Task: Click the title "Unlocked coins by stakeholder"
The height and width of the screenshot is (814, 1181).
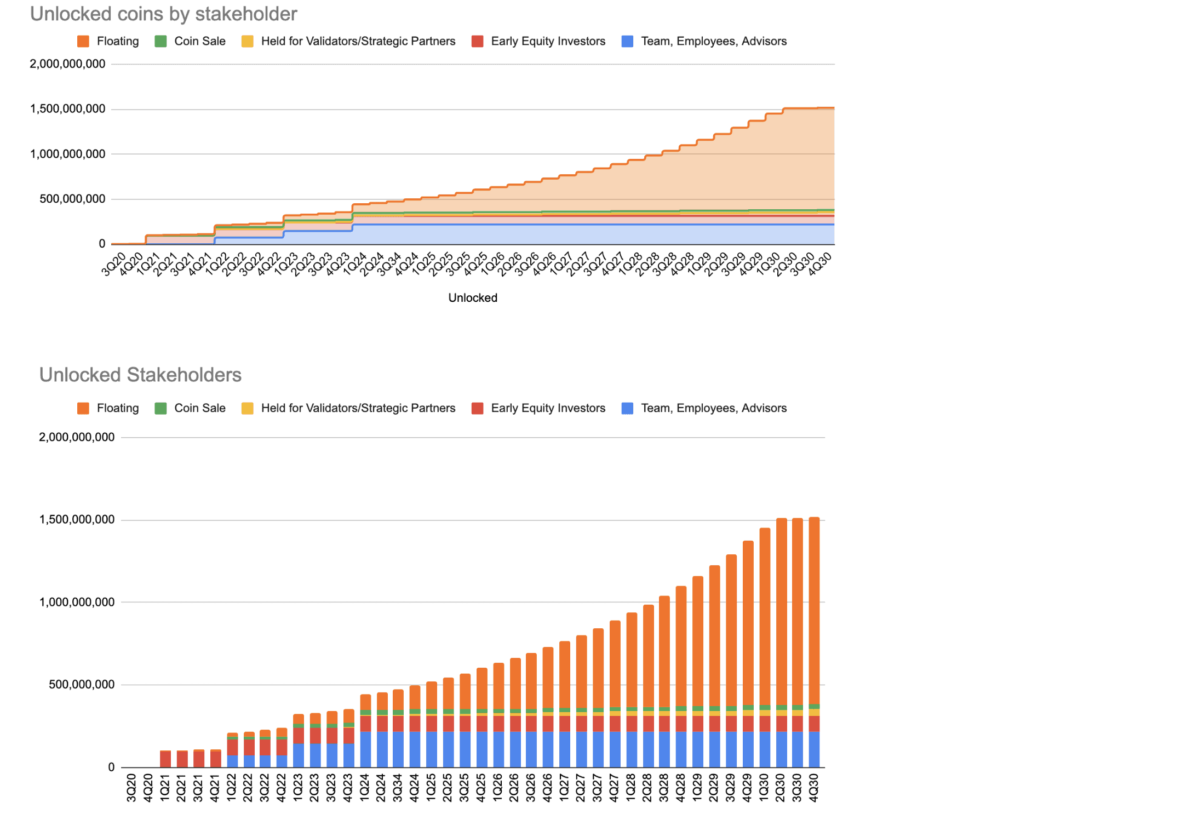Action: pyautogui.click(x=163, y=14)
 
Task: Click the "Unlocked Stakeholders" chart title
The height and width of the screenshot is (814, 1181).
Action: pyautogui.click(x=140, y=375)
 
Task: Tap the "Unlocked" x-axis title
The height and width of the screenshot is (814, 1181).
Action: pyautogui.click(x=473, y=297)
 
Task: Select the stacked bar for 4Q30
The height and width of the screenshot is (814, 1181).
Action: pyautogui.click(x=814, y=641)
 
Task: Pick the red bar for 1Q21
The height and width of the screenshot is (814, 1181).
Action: pyautogui.click(x=165, y=759)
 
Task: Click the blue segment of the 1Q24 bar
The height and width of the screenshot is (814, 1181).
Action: pyautogui.click(x=365, y=749)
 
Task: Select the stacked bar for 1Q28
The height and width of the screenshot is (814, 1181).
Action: pyautogui.click(x=632, y=690)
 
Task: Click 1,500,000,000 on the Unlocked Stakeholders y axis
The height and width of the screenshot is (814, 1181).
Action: pyautogui.click(x=77, y=519)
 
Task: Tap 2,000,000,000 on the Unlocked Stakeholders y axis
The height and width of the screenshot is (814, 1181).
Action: pyautogui.click(x=77, y=437)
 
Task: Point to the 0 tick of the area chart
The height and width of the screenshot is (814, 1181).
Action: pyautogui.click(x=102, y=244)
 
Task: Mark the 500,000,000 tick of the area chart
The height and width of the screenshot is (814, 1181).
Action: pyautogui.click(x=72, y=199)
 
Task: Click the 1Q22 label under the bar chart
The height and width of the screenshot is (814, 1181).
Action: pyautogui.click(x=232, y=788)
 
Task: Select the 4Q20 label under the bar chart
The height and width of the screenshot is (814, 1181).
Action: pyautogui.click(x=148, y=788)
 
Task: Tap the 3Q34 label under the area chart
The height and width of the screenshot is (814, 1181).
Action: pyautogui.click(x=389, y=264)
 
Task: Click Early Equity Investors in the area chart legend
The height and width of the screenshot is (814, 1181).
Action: pyautogui.click(x=548, y=41)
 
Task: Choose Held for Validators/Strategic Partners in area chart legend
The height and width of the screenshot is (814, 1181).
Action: pyautogui.click(x=358, y=41)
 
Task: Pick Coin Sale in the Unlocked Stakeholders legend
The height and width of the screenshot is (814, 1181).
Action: pyautogui.click(x=199, y=408)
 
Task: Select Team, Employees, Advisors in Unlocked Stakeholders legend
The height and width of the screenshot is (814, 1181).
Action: pyautogui.click(x=713, y=408)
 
